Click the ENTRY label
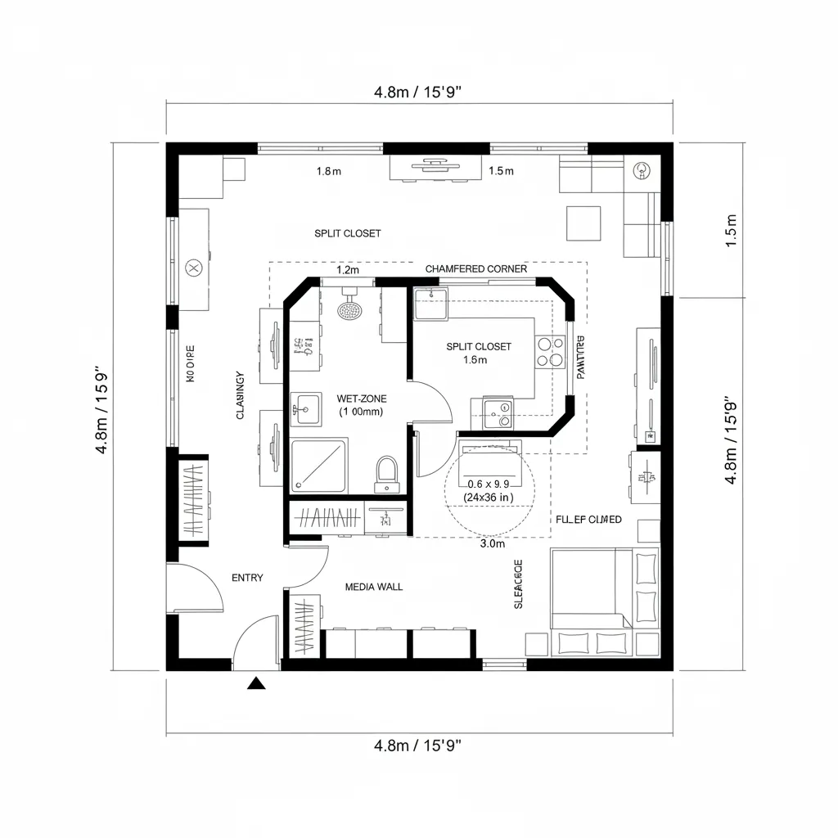(247, 578)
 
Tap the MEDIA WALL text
(373, 587)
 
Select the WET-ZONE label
(361, 399)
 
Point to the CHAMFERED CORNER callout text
(476, 269)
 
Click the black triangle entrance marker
(258, 683)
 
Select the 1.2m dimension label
(349, 269)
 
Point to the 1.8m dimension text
(328, 171)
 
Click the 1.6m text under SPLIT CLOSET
(475, 359)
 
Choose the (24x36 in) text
(488, 497)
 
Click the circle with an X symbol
(194, 267)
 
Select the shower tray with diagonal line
(319, 466)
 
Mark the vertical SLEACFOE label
(517, 584)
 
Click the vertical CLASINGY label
(241, 395)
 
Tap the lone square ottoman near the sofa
(583, 223)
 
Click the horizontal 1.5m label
(500, 171)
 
